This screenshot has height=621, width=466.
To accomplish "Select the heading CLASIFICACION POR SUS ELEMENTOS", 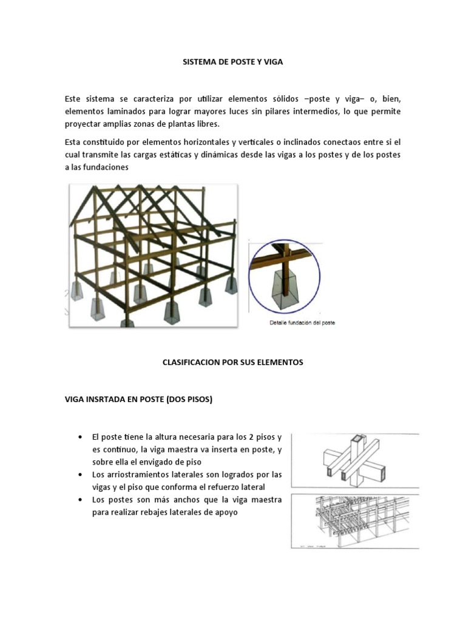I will [x=233, y=362].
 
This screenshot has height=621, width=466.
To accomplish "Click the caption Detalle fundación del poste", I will [x=302, y=323].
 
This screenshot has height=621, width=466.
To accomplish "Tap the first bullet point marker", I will [x=81, y=437].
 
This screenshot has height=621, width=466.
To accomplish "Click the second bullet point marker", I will [x=81, y=474].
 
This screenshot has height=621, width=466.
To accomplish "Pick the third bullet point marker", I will [x=81, y=500].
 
